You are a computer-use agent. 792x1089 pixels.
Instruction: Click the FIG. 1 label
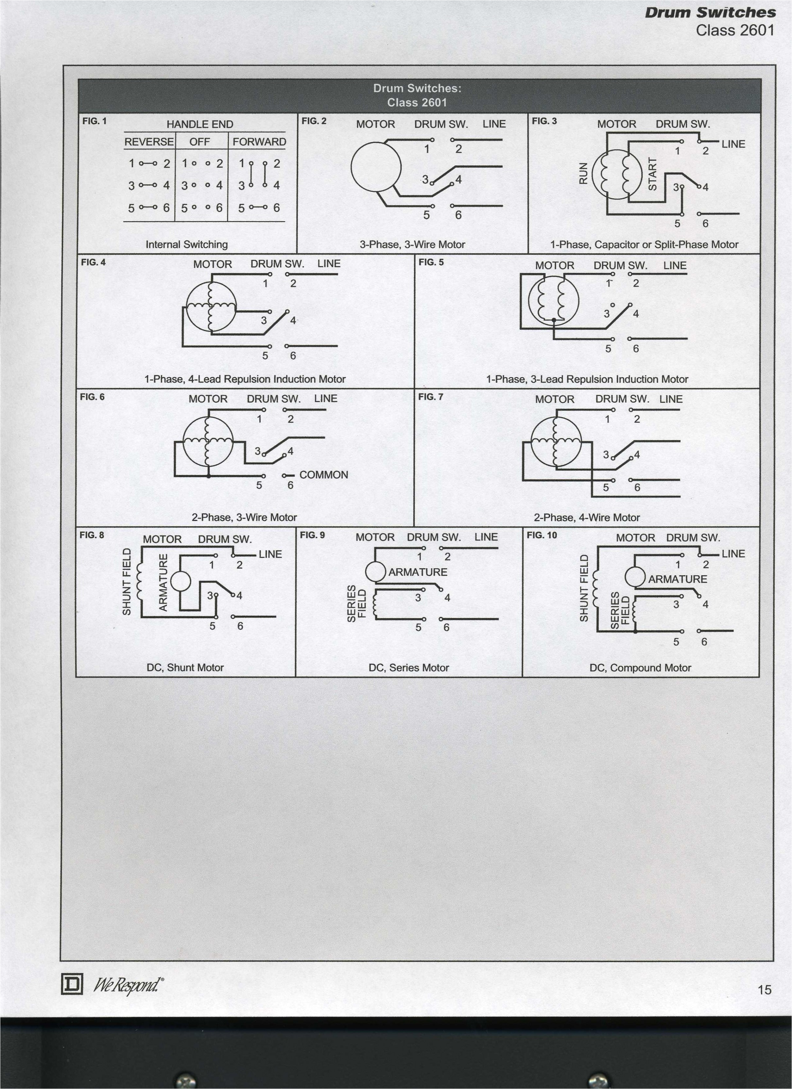click(94, 121)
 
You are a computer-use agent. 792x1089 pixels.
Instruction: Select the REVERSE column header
click(149, 142)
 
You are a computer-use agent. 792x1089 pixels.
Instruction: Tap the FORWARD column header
click(259, 142)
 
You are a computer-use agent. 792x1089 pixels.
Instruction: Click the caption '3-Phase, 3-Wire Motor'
click(412, 244)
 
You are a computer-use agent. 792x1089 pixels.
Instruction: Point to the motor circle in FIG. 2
click(376, 167)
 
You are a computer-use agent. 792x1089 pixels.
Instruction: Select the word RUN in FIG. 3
click(583, 173)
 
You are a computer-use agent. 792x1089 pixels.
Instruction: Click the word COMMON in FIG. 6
click(323, 475)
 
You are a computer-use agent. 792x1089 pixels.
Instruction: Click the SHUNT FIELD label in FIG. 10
click(584, 588)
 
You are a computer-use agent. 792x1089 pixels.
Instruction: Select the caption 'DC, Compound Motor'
click(640, 668)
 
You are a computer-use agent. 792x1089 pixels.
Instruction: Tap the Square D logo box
click(72, 985)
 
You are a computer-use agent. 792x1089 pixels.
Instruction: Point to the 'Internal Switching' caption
click(186, 244)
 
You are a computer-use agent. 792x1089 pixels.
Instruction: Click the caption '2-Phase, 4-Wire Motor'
click(586, 518)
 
